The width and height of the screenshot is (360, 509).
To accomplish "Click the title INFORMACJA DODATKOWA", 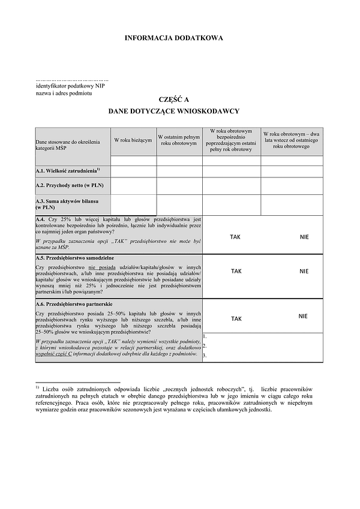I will [x=173, y=38].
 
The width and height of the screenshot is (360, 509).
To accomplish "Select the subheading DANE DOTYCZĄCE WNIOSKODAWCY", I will [x=173, y=112].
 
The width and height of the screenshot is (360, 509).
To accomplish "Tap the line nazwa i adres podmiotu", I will [x=64, y=94].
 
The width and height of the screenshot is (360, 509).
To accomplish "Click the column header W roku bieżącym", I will [x=133, y=140].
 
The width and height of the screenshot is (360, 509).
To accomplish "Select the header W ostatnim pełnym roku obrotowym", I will [x=179, y=140].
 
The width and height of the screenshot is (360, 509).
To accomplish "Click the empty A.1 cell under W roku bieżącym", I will [x=133, y=171].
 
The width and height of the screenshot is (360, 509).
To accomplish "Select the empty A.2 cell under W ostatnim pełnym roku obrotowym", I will [x=179, y=185].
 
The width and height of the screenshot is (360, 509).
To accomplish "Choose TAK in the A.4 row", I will [x=235, y=237].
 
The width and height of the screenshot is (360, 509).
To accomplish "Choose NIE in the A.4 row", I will [x=304, y=237].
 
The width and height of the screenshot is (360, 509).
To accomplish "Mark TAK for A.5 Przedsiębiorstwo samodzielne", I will [x=236, y=271].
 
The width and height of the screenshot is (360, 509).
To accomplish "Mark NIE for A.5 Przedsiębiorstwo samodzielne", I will [x=304, y=271].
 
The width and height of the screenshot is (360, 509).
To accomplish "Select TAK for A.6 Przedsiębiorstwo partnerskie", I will [x=236, y=319].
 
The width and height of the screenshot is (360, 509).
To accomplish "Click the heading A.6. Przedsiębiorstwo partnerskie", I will [x=75, y=305].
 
